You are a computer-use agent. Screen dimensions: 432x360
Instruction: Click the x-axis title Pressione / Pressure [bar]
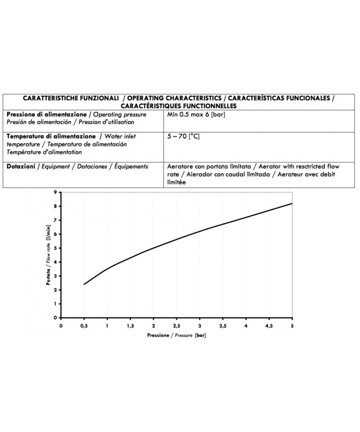176,336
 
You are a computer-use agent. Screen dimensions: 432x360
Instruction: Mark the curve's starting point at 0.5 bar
84,284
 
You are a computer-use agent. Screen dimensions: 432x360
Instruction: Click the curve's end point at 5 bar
292,203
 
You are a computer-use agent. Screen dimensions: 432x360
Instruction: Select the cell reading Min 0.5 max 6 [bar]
196,115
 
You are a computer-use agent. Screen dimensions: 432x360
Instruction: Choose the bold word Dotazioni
21,166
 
